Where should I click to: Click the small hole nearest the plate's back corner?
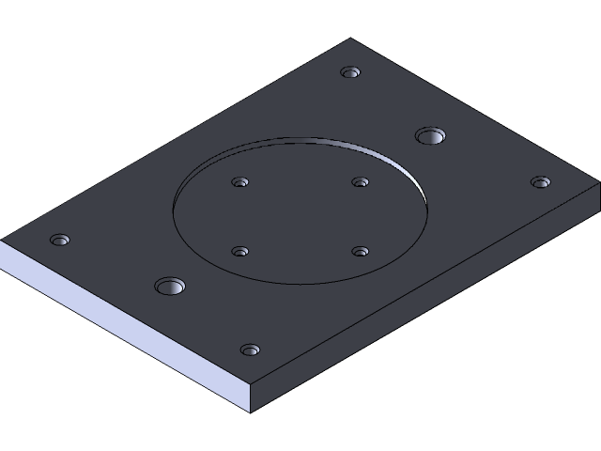coord(351,72)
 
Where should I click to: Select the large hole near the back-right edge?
coord(431,135)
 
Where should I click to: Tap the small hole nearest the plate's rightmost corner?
coord(539,181)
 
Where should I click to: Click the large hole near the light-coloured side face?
coord(170,286)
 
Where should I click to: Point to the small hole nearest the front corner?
coord(250,350)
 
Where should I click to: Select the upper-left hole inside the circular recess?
coord(240,182)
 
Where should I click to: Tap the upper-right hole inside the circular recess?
coord(360,181)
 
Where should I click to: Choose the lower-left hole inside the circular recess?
coord(240,252)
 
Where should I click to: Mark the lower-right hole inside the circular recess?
coord(360,251)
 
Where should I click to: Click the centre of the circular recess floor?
coord(300,214)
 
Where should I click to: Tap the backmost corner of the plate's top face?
coord(351,39)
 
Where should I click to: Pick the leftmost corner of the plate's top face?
coord(2,241)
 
